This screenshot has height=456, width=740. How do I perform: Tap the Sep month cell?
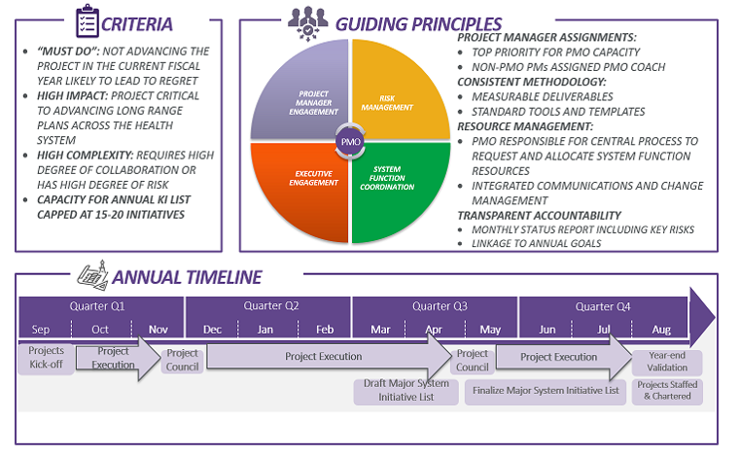tap(41, 330)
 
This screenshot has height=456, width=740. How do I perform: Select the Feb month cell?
tap(324, 330)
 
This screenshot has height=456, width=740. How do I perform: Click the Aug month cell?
tap(660, 330)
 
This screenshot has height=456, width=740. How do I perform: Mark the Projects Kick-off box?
tap(46, 358)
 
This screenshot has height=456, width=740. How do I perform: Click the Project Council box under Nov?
tap(182, 360)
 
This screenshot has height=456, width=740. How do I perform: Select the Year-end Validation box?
tap(666, 362)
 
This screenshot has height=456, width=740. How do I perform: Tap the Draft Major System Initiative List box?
tap(405, 390)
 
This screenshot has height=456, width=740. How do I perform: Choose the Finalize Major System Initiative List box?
tap(545, 391)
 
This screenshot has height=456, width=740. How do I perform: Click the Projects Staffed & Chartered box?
tap(666, 391)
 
